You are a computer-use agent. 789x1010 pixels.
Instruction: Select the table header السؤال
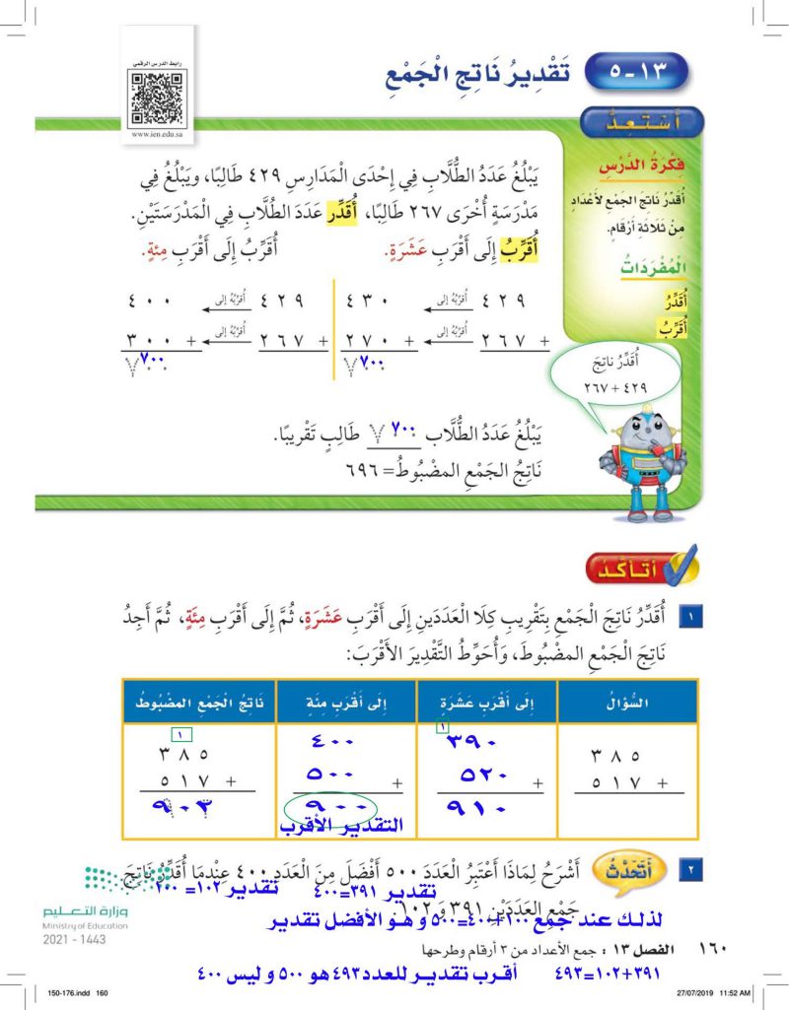(628, 701)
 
